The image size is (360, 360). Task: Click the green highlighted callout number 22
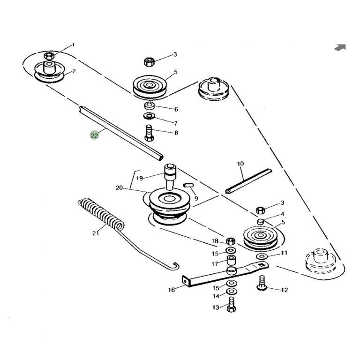94,135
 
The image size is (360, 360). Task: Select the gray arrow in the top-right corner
340,47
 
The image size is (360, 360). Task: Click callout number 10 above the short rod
240,164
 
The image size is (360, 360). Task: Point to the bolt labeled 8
149,133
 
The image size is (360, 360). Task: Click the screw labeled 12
261,283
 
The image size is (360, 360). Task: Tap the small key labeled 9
188,185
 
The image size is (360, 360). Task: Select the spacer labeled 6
149,106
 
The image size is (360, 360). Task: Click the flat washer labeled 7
149,116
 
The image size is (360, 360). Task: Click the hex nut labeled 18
231,241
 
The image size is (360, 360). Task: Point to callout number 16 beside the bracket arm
172,290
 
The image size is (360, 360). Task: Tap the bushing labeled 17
231,260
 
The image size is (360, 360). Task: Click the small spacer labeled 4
260,222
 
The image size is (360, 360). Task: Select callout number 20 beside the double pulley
119,188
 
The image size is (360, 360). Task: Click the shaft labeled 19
170,177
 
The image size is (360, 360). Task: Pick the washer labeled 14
232,292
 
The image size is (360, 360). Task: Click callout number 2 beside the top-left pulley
74,71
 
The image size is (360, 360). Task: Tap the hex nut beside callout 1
49,56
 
